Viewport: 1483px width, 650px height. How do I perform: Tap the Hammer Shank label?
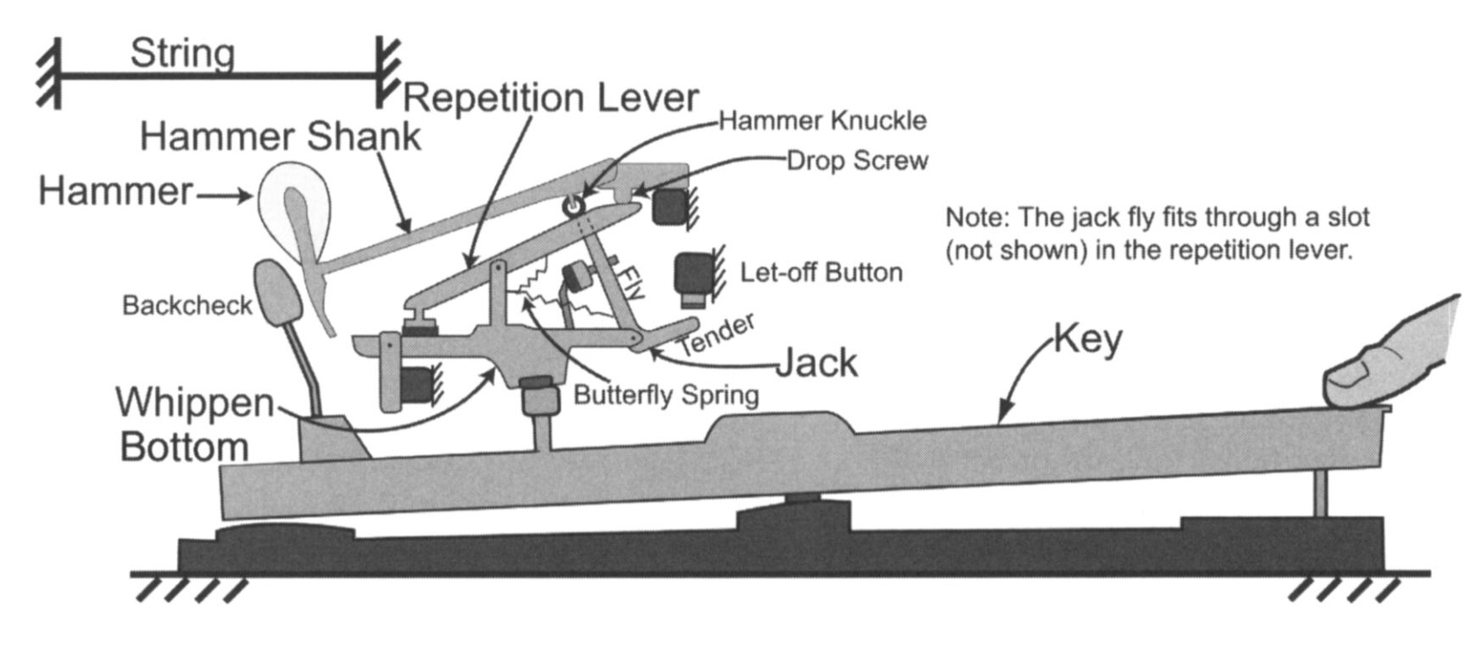pyautogui.click(x=280, y=137)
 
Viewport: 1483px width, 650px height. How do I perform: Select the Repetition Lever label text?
pyautogui.click(x=551, y=97)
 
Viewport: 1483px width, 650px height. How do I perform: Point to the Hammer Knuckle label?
pyautogui.click(x=822, y=121)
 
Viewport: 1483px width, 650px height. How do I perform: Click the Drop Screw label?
pyautogui.click(x=857, y=161)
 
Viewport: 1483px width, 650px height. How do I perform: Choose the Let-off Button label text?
pyautogui.click(x=820, y=273)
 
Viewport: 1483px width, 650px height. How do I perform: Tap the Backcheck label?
pyautogui.click(x=187, y=305)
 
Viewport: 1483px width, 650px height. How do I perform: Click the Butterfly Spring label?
pyautogui.click(x=666, y=394)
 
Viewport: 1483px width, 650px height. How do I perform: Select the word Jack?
pyautogui.click(x=816, y=362)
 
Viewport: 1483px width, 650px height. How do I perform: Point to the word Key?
pyautogui.click(x=1088, y=338)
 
